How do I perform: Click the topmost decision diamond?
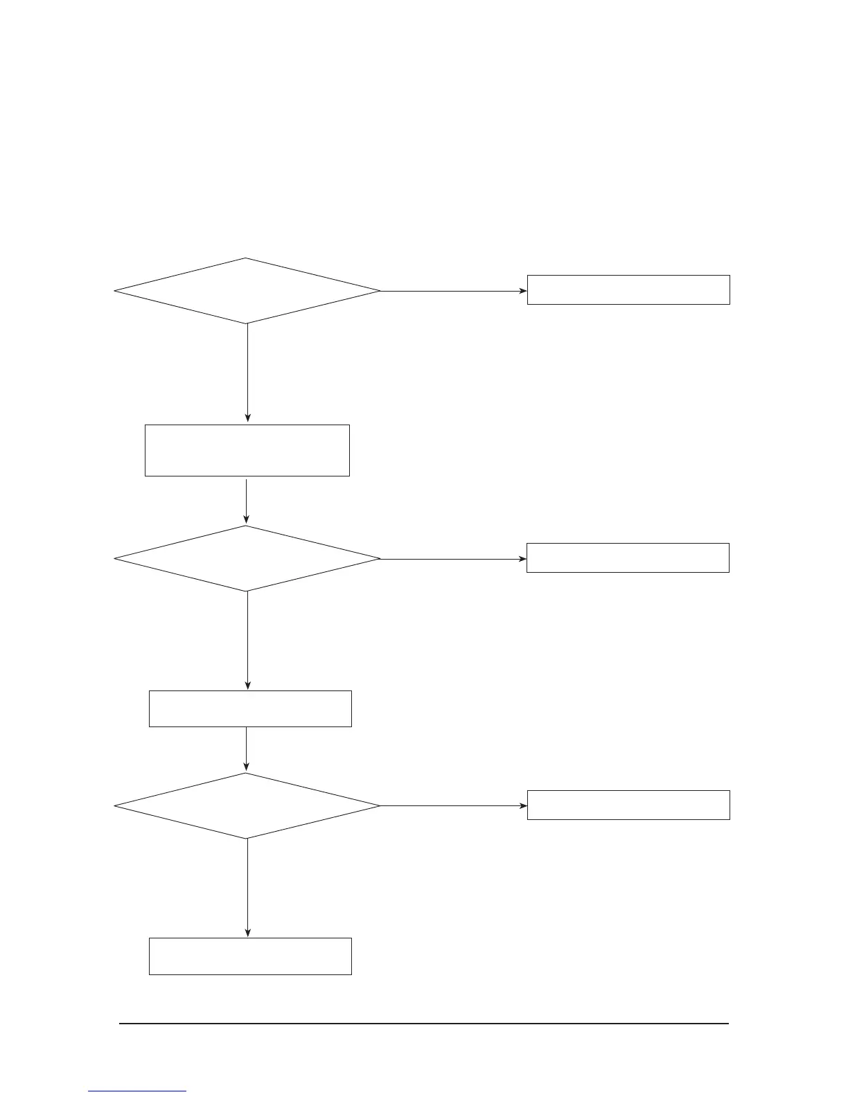click(x=247, y=291)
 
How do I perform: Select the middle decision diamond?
click(x=247, y=558)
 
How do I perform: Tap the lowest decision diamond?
click(x=247, y=805)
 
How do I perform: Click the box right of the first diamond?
click(x=628, y=289)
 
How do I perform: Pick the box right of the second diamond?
click(x=628, y=558)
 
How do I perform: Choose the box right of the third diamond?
click(x=628, y=805)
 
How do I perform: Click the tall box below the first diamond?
click(x=247, y=450)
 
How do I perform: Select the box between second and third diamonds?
click(x=250, y=708)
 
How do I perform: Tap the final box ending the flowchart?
click(x=250, y=956)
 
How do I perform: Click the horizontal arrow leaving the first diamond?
click(x=454, y=291)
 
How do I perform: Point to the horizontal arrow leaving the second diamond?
click(x=454, y=559)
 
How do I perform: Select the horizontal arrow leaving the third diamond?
click(x=454, y=806)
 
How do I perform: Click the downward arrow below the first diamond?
click(x=247, y=374)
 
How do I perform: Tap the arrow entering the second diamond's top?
click(x=247, y=501)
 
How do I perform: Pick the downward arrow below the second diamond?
click(x=247, y=641)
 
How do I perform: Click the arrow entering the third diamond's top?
click(x=247, y=749)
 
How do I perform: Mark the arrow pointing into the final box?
click(x=247, y=888)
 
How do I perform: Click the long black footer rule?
click(x=424, y=1023)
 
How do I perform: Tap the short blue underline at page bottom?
click(x=137, y=1091)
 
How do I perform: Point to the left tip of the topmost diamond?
click(x=116, y=291)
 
